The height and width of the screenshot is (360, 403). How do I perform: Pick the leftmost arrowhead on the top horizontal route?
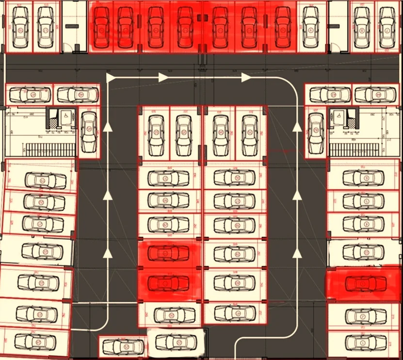(111, 78)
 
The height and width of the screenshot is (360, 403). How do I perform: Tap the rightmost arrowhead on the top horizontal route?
(246, 78)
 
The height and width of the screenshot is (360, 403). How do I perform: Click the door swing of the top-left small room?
(78, 48)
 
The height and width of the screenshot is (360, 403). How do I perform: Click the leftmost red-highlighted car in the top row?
(101, 27)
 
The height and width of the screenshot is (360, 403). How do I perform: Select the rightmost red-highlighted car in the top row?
(282, 27)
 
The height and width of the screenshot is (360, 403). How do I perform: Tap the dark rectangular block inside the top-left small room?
(72, 26)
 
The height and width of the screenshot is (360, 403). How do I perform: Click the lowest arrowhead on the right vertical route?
(296, 252)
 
